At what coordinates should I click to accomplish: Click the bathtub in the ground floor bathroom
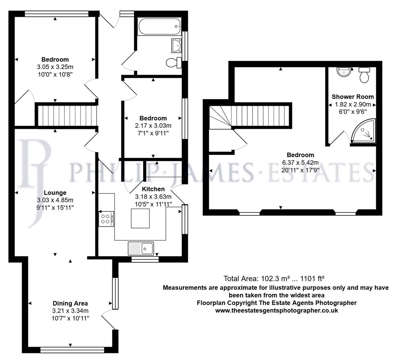159,26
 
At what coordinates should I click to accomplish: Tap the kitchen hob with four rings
106,218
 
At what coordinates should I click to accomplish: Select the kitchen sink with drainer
141,248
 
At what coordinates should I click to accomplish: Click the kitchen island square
139,217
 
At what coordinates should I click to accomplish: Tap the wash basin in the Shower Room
343,72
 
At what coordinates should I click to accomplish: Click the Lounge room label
55,193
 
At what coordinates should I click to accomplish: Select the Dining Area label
70,303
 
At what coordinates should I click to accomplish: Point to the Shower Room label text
353,97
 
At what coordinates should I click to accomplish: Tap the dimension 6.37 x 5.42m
301,162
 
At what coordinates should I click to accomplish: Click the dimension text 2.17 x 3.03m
153,126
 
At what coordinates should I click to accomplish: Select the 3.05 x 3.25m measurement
55,67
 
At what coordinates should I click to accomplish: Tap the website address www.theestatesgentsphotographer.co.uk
277,310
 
